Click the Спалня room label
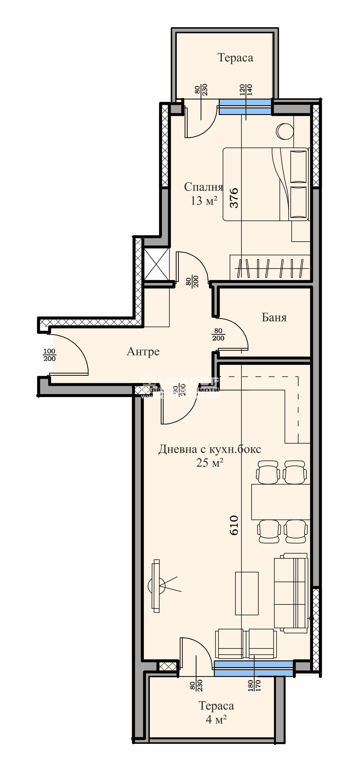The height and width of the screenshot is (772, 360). click(x=203, y=187)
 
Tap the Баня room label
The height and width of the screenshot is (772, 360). click(x=274, y=317)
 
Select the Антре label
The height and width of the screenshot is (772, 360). click(x=143, y=352)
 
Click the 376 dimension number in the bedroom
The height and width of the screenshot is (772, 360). click(x=234, y=198)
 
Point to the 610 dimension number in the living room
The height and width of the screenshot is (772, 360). click(x=234, y=525)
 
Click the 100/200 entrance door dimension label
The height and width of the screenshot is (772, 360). click(x=49, y=355)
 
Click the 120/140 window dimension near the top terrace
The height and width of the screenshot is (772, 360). click(x=246, y=90)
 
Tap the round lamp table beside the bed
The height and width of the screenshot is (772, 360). click(x=285, y=131)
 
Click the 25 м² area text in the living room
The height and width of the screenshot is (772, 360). click(x=209, y=463)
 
